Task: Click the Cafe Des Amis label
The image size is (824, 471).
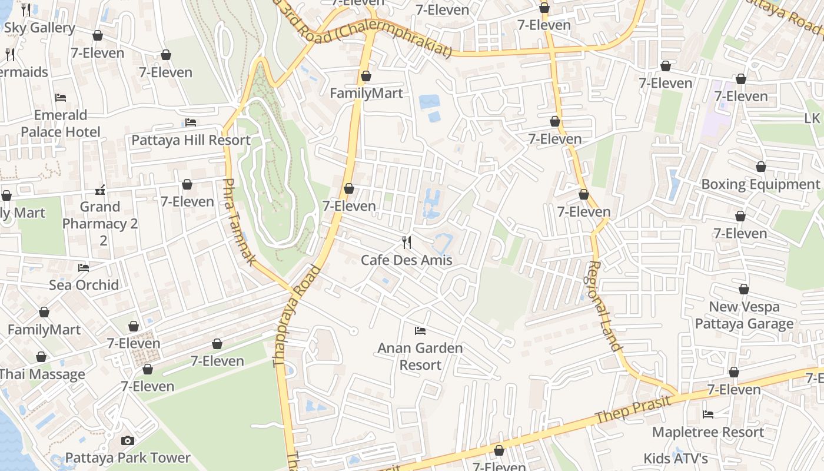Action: (x=406, y=260)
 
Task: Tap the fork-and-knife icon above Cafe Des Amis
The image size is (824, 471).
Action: (x=406, y=242)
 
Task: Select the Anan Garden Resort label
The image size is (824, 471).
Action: (x=420, y=356)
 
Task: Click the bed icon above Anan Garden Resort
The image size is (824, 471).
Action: (x=420, y=330)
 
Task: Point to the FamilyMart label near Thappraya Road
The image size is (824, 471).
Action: (x=366, y=93)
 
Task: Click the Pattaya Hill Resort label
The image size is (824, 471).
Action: (x=191, y=140)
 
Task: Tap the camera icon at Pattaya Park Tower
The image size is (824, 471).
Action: (x=127, y=440)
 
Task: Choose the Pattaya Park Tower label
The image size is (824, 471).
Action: (x=128, y=457)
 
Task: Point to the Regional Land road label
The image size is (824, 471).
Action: (x=604, y=306)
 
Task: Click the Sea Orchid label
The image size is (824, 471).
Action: (x=84, y=285)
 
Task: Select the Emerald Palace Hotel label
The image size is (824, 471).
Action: (x=61, y=123)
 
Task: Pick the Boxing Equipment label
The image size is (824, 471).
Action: (x=760, y=184)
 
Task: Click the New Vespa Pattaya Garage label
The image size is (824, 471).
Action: (x=744, y=315)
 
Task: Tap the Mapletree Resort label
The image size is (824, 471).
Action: (x=708, y=432)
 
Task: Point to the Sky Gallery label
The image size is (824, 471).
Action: (x=39, y=28)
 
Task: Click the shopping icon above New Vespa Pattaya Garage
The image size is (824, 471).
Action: (x=744, y=289)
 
